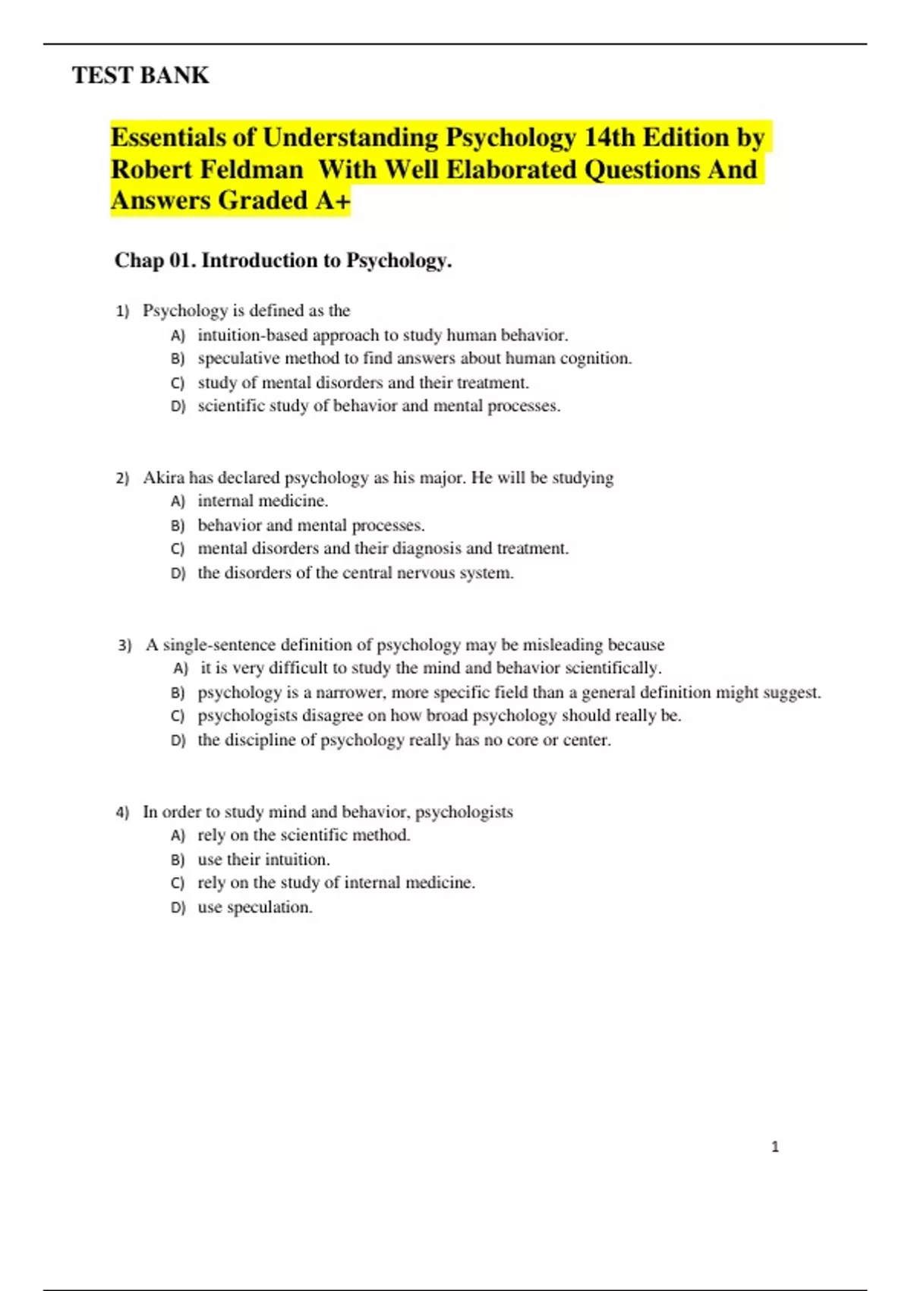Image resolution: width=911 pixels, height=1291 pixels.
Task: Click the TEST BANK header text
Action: [140, 75]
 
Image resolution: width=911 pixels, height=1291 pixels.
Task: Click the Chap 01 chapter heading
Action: [282, 260]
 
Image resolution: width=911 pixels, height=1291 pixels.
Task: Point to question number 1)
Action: [122, 311]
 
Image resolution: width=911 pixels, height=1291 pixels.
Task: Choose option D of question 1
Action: [178, 406]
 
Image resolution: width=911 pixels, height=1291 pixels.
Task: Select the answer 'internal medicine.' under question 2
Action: [263, 501]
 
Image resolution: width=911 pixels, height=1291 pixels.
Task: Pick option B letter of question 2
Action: [178, 526]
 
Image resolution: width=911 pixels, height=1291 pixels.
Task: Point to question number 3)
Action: [125, 645]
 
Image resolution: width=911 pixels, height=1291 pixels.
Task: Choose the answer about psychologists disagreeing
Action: [439, 715]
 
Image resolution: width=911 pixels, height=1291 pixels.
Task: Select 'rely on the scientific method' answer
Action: [304, 835]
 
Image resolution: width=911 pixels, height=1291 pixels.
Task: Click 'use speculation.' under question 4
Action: [255, 907]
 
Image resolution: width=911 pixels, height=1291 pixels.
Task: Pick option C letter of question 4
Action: [178, 883]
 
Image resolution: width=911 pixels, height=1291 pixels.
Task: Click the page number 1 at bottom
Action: [775, 1147]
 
